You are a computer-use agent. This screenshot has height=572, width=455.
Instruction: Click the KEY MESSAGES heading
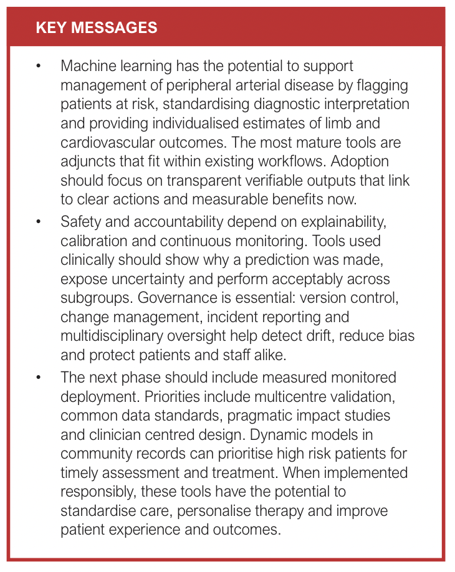pos(97,27)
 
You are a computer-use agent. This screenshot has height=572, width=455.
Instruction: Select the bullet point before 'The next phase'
pos(39,378)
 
